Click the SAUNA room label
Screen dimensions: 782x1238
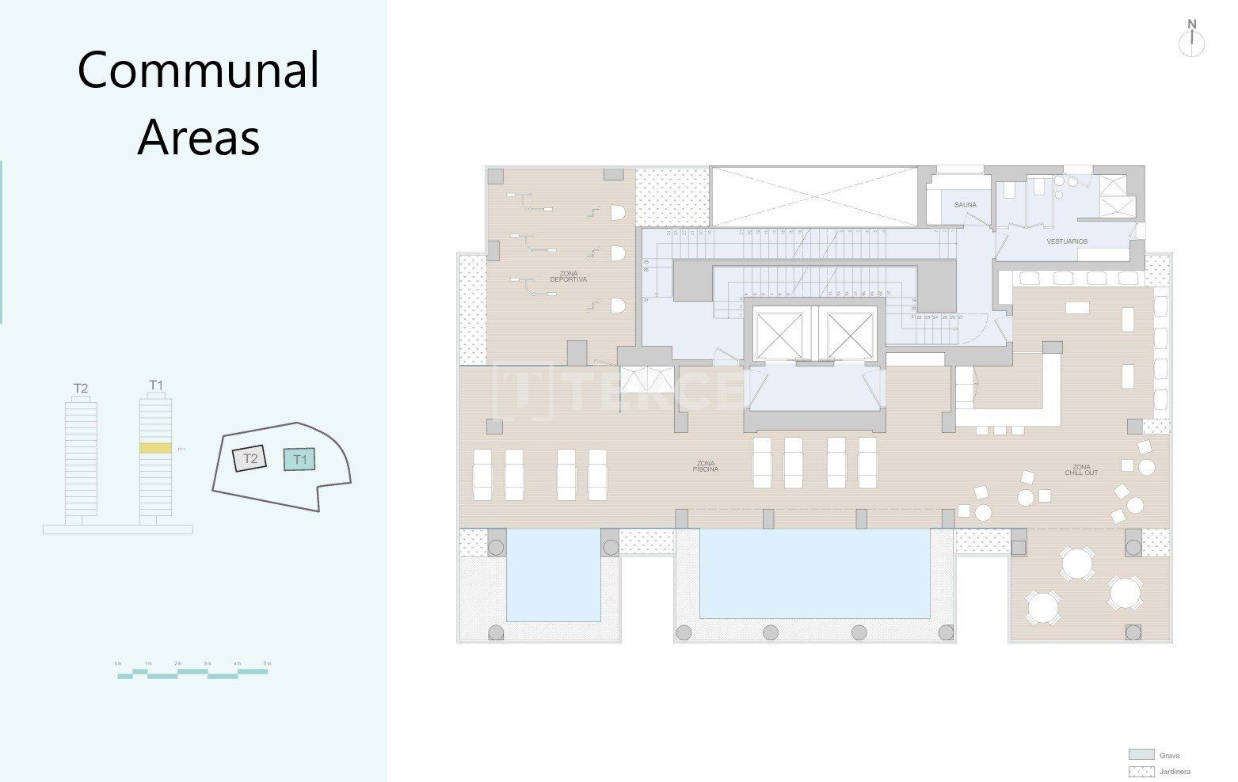tap(965, 205)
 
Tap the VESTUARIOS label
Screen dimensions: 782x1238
tap(1066, 241)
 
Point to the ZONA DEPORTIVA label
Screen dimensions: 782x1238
tap(568, 276)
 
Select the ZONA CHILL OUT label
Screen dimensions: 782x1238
tap(1081, 469)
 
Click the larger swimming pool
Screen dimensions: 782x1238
tap(814, 574)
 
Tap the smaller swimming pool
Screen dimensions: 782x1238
tap(552, 575)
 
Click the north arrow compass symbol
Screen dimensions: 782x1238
tap(1191, 42)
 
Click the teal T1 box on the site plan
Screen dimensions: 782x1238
tap(300, 459)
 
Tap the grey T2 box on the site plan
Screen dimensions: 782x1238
tap(250, 459)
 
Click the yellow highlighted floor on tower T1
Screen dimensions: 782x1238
tap(155, 448)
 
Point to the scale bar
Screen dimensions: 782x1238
tap(192, 674)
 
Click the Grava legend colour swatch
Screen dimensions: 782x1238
tap(1141, 755)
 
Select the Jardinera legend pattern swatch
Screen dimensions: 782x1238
tap(1141, 772)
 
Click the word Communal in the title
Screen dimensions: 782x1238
tap(198, 70)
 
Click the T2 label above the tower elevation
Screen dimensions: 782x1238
tap(81, 388)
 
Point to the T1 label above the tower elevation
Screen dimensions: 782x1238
tap(156, 385)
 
